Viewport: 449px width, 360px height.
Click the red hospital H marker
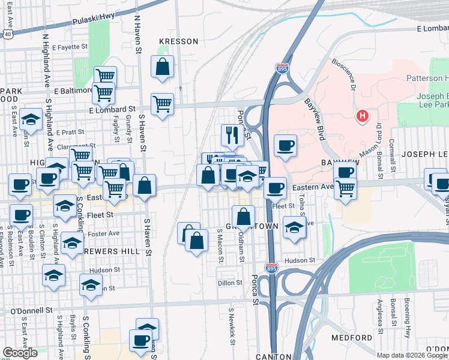coord(362,116)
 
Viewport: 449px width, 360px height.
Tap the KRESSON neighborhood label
coord(178,41)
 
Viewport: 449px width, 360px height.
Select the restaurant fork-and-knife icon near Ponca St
coord(231,135)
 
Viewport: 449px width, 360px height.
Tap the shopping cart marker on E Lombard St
coord(162,104)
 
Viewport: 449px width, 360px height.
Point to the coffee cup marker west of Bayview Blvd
coord(285,145)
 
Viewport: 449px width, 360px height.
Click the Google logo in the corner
coord(19,353)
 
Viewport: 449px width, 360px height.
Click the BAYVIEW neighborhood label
coord(339,163)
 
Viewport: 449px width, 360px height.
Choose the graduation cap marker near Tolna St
coord(294,228)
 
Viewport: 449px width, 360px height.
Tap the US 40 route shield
coord(7,35)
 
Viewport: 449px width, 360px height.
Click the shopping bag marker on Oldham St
coord(243,217)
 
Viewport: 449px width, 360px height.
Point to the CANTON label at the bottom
coord(256,356)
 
